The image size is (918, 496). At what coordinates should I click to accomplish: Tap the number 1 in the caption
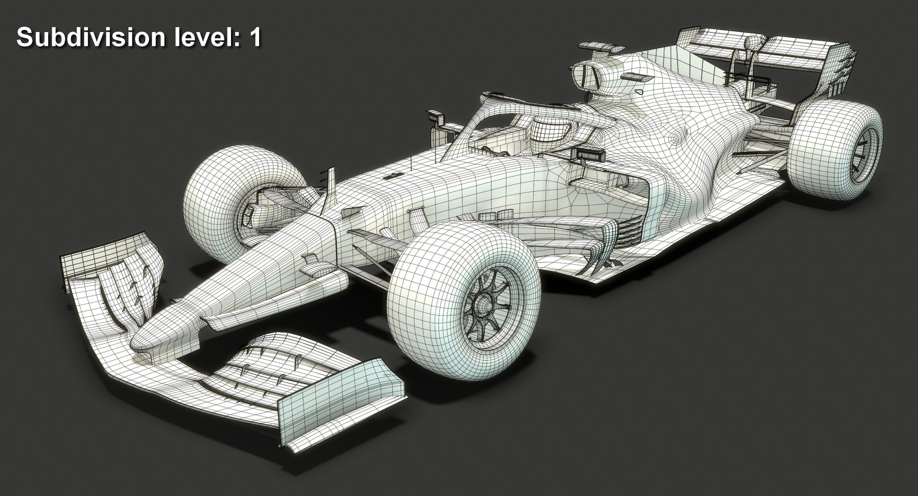click(255, 37)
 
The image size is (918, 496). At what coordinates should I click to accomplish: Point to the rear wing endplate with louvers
click(839, 72)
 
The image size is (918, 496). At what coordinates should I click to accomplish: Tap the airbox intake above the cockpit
click(586, 76)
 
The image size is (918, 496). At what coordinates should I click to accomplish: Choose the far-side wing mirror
click(435, 116)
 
